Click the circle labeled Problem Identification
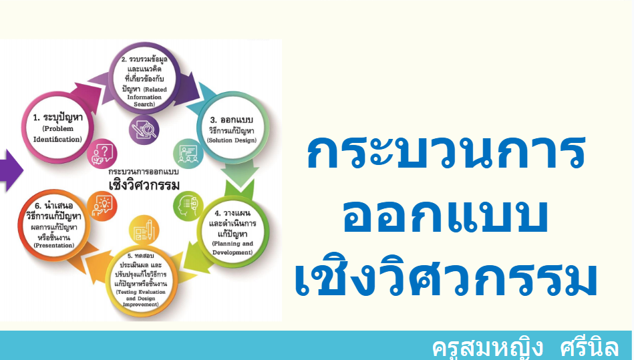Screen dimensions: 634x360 pyautogui.click(x=57, y=128)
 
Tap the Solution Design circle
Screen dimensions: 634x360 pyautogui.click(x=232, y=128)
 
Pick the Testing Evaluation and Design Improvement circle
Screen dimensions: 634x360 pyautogui.click(x=141, y=281)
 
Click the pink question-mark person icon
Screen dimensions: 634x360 pyautogui.click(x=102, y=154)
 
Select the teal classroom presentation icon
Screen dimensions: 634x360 pyautogui.click(x=188, y=154)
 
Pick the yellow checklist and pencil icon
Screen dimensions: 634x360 pyautogui.click(x=144, y=230)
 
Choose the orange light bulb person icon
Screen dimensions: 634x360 pyautogui.click(x=102, y=206)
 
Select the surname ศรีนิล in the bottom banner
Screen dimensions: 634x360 pyautogui.click(x=589, y=347)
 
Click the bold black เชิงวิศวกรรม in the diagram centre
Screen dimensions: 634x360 pyautogui.click(x=144, y=184)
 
